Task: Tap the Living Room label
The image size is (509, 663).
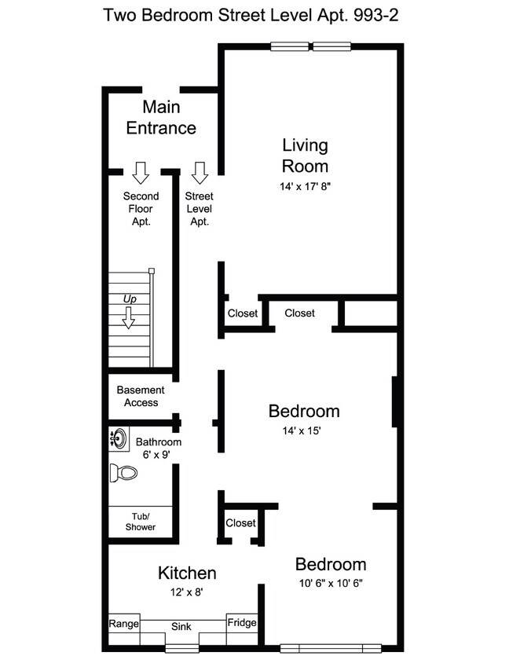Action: pos(305,156)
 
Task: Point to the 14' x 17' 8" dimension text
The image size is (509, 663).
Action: pos(305,187)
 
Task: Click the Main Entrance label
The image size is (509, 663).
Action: pos(161,118)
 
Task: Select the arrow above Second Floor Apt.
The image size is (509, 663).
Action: pos(141,172)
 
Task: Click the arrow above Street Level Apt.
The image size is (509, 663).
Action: pos(200,172)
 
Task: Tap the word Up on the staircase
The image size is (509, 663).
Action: pos(128,299)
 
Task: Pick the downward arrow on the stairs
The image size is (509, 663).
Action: pos(128,317)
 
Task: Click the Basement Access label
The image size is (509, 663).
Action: pos(141,396)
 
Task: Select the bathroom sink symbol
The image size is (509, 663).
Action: pos(119,438)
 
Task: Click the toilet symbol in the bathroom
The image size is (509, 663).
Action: pos(123,473)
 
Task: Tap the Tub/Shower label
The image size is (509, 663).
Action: pos(141,522)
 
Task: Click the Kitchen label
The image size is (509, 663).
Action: pos(187,573)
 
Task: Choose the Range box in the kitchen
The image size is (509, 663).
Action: pos(123,625)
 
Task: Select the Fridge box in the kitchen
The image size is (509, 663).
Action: pos(242,623)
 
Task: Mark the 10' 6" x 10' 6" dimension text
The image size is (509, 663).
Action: pos(330,583)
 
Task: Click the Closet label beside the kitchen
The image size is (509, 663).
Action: pos(240,523)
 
